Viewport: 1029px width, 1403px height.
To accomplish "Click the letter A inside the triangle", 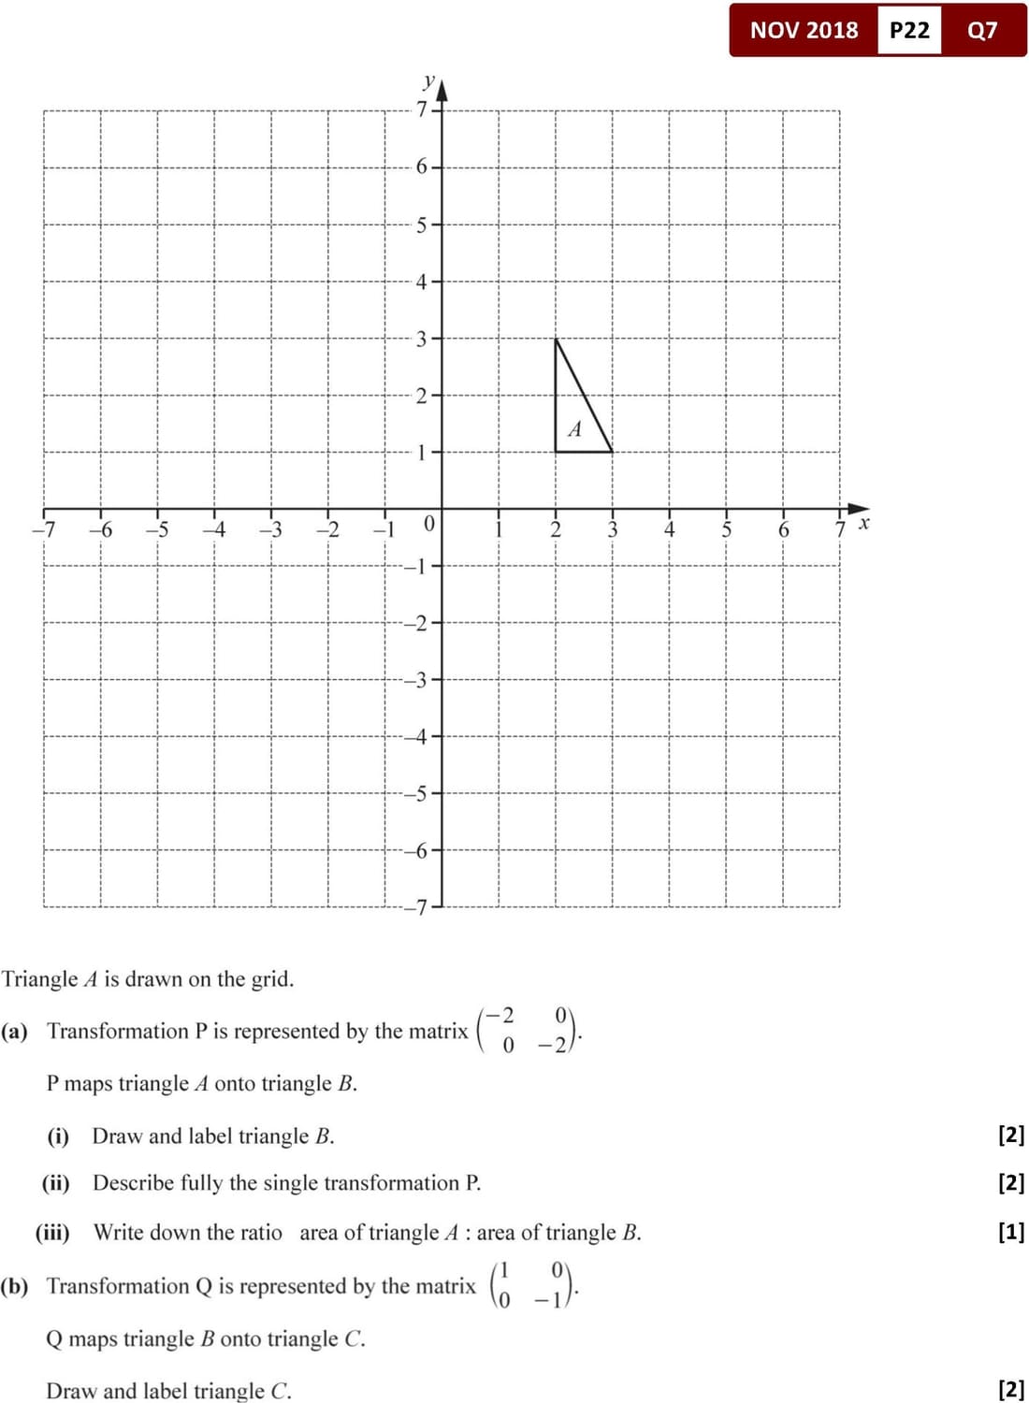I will tap(574, 429).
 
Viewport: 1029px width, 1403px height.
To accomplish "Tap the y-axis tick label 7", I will tap(422, 109).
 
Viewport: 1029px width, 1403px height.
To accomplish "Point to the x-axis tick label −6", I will tap(101, 530).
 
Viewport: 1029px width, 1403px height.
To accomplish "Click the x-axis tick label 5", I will tap(726, 530).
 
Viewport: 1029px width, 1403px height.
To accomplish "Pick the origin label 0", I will tap(428, 524).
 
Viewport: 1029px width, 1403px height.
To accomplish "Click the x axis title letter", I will tap(864, 523).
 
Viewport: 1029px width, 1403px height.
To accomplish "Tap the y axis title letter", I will tap(428, 80).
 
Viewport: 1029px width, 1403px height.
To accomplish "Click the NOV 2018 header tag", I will tap(804, 30).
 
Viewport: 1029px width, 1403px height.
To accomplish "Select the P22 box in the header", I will tap(909, 30).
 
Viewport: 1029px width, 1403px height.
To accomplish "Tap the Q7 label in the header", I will tap(982, 30).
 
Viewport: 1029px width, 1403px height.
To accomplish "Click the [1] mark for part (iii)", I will tap(1011, 1232).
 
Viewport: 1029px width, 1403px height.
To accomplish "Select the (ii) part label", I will tap(55, 1183).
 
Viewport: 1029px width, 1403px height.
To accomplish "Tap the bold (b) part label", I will tap(14, 1286).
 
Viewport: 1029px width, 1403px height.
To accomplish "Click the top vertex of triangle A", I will tap(556, 339).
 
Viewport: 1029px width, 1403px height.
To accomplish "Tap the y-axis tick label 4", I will tap(422, 282).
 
